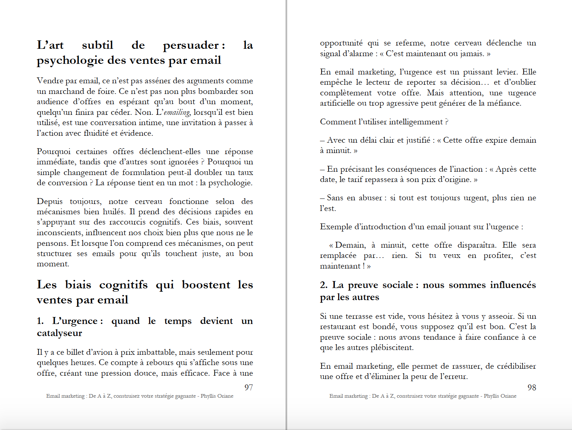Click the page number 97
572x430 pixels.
tap(249, 387)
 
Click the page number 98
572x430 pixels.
tap(532, 387)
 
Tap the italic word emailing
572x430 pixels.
tap(177, 112)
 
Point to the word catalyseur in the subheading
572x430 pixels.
tap(59, 333)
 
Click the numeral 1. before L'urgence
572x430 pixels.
tap(40, 321)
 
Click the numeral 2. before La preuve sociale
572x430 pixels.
tap(324, 285)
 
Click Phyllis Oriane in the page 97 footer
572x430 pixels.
tap(217, 396)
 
